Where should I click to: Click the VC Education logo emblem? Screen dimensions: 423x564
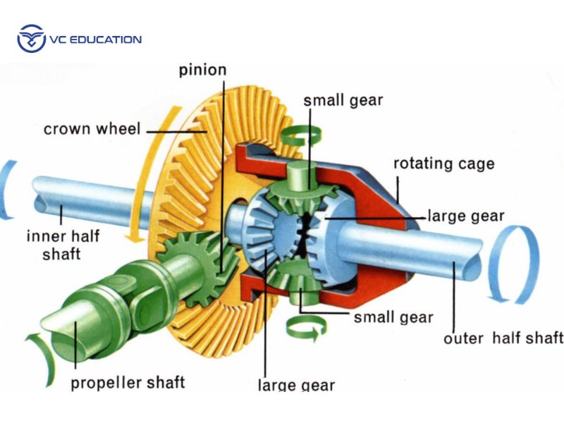pos(30,39)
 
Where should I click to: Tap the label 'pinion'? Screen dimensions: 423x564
pos(202,70)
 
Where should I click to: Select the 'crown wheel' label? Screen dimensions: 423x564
pos(92,129)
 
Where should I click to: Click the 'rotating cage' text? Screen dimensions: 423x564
pos(443,164)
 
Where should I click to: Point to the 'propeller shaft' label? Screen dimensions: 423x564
pos(128,383)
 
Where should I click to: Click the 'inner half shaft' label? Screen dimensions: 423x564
pos(62,244)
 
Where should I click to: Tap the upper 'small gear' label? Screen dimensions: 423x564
pos(343,99)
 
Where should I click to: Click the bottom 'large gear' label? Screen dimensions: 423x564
pos(296,386)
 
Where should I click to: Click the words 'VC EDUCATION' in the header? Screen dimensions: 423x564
pos(94,39)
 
